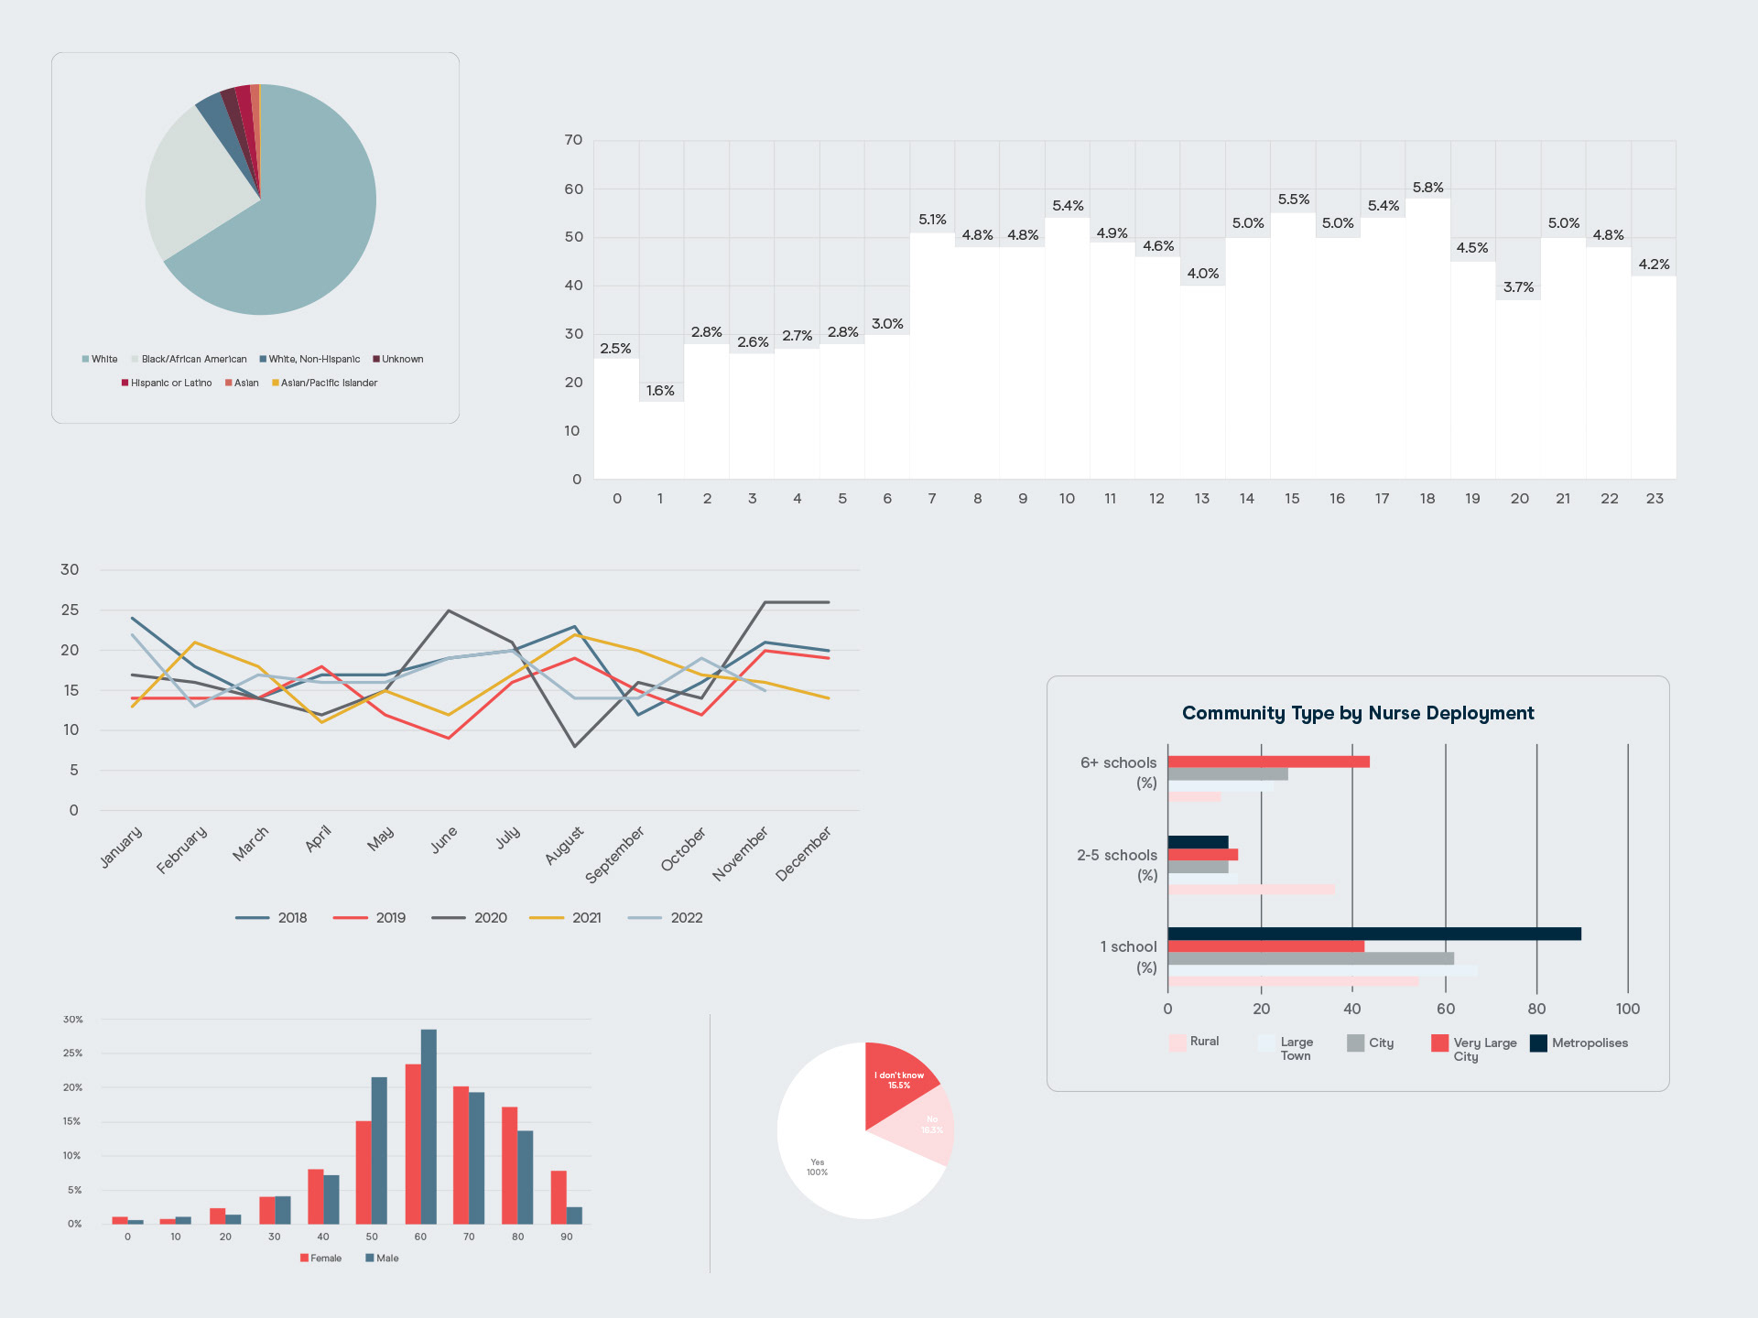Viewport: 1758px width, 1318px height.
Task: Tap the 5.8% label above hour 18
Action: [1427, 188]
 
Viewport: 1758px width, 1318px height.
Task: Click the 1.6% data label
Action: [660, 391]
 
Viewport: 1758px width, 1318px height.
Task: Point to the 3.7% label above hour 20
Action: [1518, 287]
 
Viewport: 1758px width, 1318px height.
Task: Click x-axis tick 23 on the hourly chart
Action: [1655, 499]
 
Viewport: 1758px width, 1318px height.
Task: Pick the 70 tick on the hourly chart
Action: [573, 140]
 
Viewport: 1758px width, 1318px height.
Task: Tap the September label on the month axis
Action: [614, 854]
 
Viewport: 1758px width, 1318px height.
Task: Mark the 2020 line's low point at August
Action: [575, 746]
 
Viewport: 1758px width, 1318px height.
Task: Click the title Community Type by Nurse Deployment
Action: [1358, 713]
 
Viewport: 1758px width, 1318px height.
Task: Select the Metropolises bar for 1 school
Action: [1373, 934]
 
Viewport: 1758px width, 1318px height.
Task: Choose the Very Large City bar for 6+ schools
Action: [1268, 762]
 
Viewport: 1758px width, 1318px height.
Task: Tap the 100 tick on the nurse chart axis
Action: [1627, 1009]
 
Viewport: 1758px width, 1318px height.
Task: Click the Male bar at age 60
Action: [429, 1126]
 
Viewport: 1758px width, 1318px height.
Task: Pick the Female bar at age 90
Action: [559, 1197]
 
